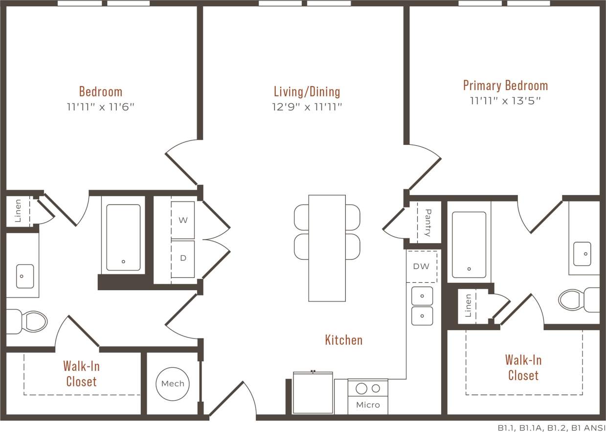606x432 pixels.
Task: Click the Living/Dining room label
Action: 307,91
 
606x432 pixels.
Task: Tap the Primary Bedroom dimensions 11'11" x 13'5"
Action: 505,101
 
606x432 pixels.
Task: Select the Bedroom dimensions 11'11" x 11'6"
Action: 100,107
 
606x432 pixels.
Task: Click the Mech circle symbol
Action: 173,383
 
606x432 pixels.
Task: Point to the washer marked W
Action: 183,220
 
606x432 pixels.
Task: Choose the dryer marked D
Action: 183,258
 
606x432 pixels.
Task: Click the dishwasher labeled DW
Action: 421,266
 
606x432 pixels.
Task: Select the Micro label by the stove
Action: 368,405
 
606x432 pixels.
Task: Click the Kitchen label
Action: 344,340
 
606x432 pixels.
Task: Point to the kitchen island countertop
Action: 327,248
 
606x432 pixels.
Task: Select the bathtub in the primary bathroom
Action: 469,244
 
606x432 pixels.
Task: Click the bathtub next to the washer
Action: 123,237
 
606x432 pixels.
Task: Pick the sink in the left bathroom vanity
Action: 24,276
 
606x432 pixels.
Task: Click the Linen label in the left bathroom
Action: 18,210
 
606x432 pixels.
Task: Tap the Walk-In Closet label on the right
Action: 523,368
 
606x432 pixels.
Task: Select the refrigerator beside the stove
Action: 313,392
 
